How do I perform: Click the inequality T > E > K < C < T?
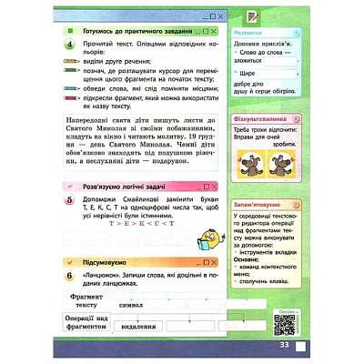133,223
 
